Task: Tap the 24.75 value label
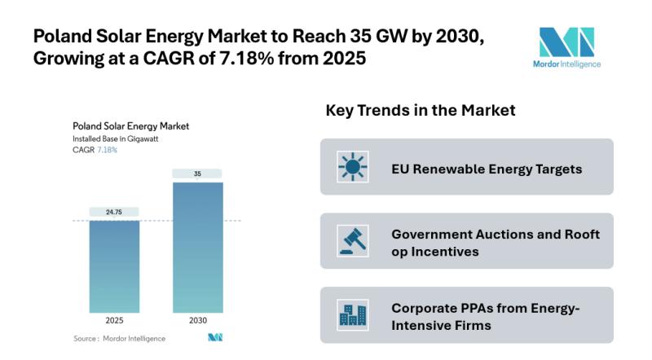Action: point(114,212)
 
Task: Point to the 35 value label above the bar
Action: point(196,173)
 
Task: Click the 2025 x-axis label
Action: point(114,320)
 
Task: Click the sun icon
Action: point(353,167)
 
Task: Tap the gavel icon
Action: point(353,241)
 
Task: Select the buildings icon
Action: point(353,315)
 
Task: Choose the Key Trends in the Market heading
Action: point(420,110)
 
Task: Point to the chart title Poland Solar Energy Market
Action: point(130,126)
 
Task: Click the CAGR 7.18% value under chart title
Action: point(108,150)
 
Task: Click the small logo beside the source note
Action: point(215,337)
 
